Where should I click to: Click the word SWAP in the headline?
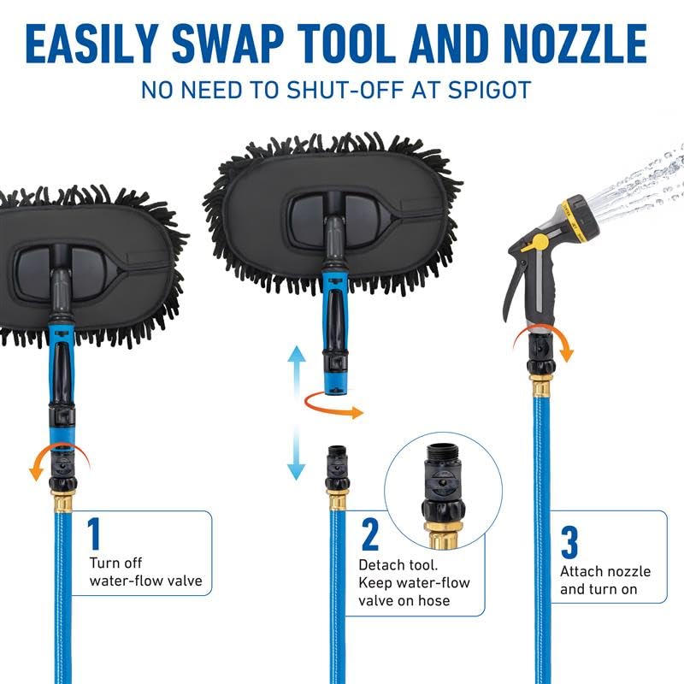pyautogui.click(x=227, y=44)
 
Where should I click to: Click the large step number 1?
pyautogui.click(x=94, y=534)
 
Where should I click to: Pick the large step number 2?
pyautogui.click(x=370, y=535)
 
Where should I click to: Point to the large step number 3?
pyautogui.click(x=569, y=542)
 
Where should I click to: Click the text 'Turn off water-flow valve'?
pyautogui.click(x=145, y=572)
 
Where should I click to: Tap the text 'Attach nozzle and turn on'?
pyautogui.click(x=605, y=581)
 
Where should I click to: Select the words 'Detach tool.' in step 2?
pyautogui.click(x=398, y=565)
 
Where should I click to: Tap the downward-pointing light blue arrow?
pyautogui.click(x=297, y=454)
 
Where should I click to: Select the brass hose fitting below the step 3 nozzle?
pyautogui.click(x=541, y=384)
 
